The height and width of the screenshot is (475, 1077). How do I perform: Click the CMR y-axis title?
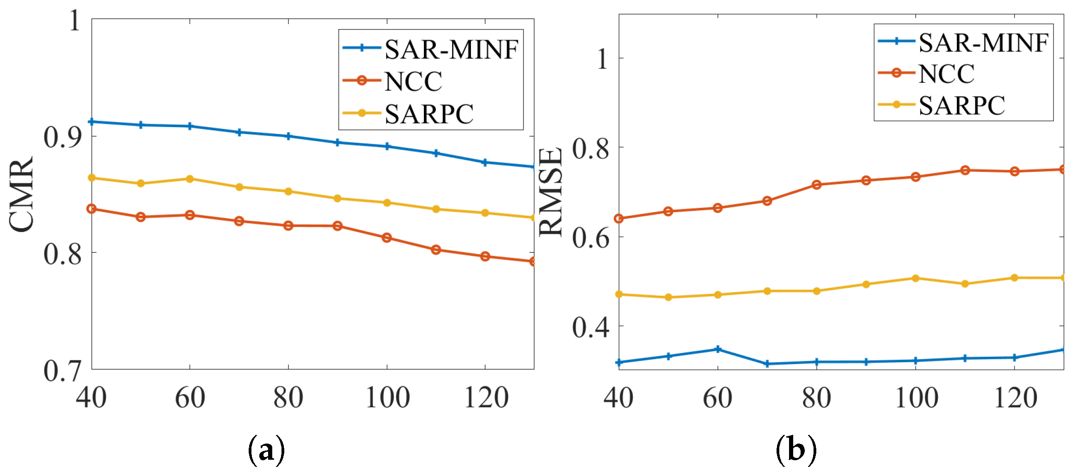pyautogui.click(x=22, y=194)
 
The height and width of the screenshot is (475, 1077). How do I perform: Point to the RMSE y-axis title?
pyautogui.click(x=551, y=192)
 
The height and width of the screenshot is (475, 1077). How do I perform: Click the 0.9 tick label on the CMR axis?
pyautogui.click(x=62, y=137)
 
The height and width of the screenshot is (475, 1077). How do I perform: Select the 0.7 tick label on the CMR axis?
pyautogui.click(x=62, y=371)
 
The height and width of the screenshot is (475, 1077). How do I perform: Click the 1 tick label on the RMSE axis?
pyautogui.click(x=602, y=59)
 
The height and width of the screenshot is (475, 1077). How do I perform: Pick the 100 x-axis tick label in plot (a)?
pyautogui.click(x=387, y=398)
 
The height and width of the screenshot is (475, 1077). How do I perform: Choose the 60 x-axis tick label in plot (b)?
pyautogui.click(x=717, y=398)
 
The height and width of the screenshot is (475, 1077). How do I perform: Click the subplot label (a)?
pyautogui.click(x=266, y=450)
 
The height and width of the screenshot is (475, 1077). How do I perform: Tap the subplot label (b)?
pyautogui.click(x=796, y=450)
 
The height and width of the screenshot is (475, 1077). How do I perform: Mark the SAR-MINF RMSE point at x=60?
pyautogui.click(x=718, y=349)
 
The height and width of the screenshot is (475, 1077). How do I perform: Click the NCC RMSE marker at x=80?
pyautogui.click(x=817, y=185)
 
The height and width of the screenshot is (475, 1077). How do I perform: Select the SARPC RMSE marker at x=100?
pyautogui.click(x=916, y=278)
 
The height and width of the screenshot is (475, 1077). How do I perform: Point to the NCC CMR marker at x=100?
pyautogui.click(x=387, y=238)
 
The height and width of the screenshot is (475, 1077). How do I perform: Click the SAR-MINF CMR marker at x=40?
pyautogui.click(x=92, y=122)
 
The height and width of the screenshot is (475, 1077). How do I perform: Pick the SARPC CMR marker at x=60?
pyautogui.click(x=190, y=179)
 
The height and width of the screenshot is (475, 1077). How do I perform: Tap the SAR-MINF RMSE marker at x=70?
pyautogui.click(x=767, y=364)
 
